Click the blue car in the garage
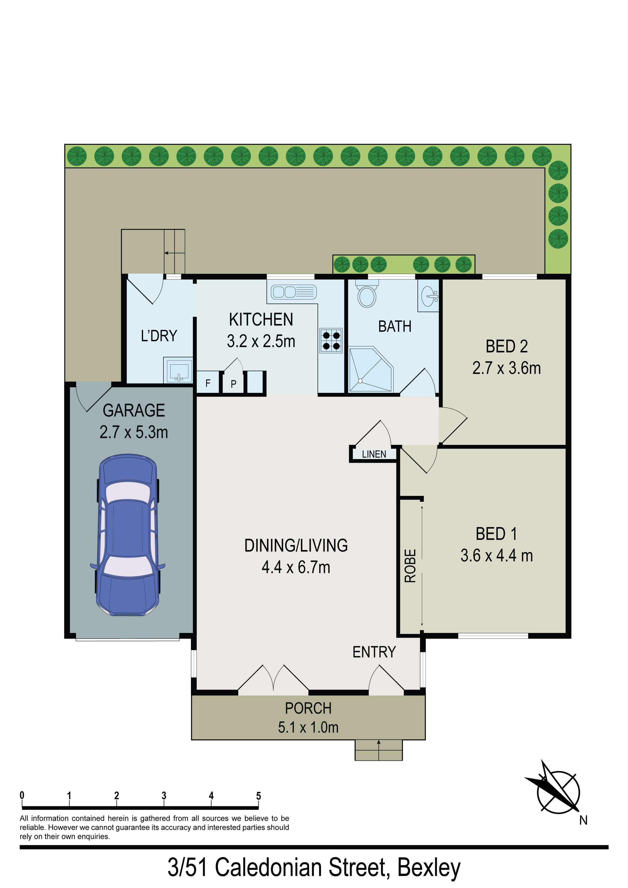pos(128,535)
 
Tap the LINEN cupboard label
pos(374,454)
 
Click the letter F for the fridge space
pos(208,383)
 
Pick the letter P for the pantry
pos(233,384)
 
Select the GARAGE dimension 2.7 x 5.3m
pos(134,432)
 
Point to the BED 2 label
pos(507,346)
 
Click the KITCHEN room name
pos(261,320)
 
